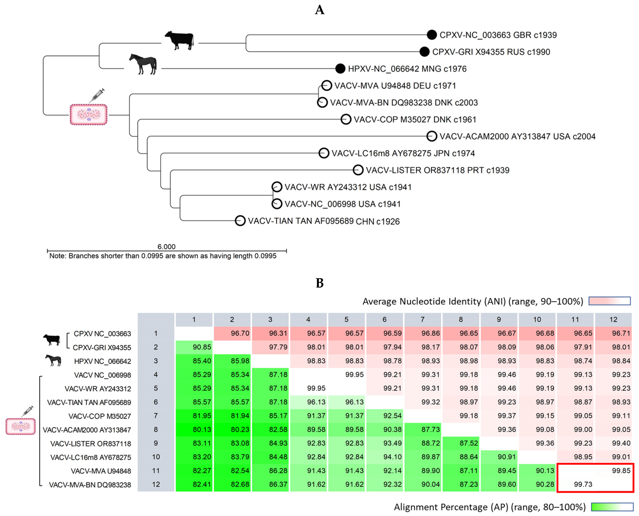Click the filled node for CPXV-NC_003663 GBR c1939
coord(432,35)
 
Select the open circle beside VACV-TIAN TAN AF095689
coord(240,221)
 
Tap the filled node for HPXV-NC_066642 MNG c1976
coord(340,69)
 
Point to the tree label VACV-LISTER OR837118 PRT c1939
coord(437,170)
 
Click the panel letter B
coord(320,283)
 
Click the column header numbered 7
coord(423,320)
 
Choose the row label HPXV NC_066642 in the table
coord(102,361)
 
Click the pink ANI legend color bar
coord(610,301)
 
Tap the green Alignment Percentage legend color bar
coord(612,507)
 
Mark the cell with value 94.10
coord(385,457)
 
